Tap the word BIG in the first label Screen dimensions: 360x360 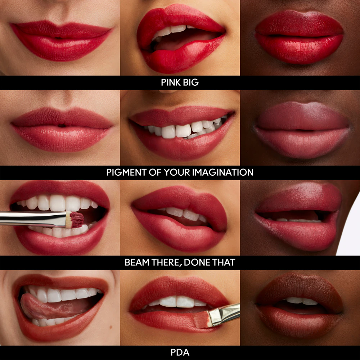pyautogui.click(x=191, y=82)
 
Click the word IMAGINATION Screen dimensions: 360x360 pyautogui.click(x=223, y=172)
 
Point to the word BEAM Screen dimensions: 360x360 pyautogui.click(x=137, y=262)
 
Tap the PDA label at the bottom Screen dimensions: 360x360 pyautogui.click(x=180, y=352)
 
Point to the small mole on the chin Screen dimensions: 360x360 pyautogui.click(x=111, y=327)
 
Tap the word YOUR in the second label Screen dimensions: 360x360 pyautogui.click(x=177, y=172)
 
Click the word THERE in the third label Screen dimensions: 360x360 pyautogui.click(x=166, y=262)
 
